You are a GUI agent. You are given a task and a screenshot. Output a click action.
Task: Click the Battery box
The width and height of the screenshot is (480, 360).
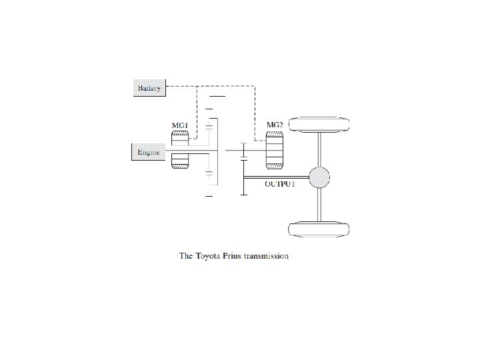(149, 88)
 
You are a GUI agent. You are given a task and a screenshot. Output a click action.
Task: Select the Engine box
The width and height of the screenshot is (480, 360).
(147, 153)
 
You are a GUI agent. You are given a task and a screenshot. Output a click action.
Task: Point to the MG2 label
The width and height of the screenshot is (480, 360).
(275, 124)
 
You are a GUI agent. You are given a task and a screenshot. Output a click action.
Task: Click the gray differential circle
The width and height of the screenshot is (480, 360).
(319, 177)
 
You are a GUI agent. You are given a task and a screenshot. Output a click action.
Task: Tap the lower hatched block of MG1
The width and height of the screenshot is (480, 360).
(180, 161)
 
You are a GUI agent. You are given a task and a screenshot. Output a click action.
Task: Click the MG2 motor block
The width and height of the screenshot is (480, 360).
(275, 150)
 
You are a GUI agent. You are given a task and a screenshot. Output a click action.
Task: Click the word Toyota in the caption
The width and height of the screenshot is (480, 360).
(211, 256)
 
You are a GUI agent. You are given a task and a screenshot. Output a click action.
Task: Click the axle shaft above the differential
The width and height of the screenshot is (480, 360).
(319, 149)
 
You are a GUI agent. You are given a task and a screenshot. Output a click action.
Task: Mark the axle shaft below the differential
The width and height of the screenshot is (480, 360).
(319, 203)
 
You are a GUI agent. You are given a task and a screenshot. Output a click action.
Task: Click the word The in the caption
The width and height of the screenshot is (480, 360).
(186, 256)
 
